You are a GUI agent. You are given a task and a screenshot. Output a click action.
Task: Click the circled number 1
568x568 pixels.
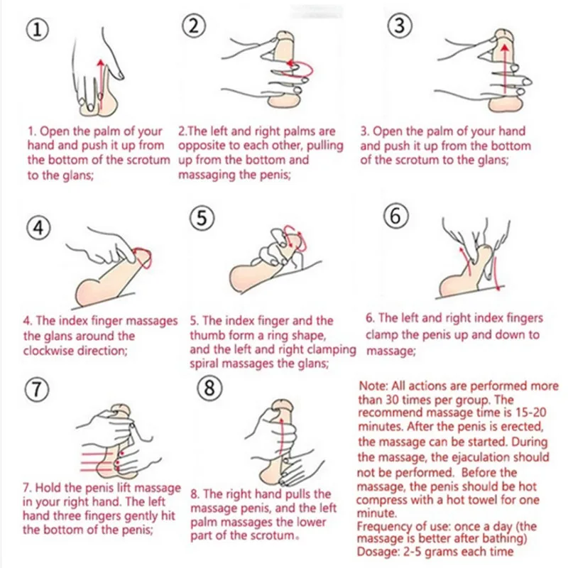pyautogui.click(x=38, y=30)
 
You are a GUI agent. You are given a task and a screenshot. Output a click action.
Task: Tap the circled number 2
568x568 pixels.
pyautogui.click(x=194, y=26)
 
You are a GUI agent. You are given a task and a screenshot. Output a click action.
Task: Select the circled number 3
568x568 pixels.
pyautogui.click(x=399, y=26)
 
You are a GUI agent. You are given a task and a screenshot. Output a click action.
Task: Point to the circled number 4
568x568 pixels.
pyautogui.click(x=39, y=228)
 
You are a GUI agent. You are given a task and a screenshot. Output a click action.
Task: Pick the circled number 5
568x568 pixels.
pyautogui.click(x=202, y=219)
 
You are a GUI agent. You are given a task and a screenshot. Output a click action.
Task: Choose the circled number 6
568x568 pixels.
pyautogui.click(x=396, y=216)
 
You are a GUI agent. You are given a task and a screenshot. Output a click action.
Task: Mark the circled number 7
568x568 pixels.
pyautogui.click(x=37, y=389)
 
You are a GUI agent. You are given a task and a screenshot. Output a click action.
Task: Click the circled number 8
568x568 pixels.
pyautogui.click(x=209, y=388)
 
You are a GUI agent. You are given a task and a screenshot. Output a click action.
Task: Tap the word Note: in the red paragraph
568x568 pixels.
pyautogui.click(x=373, y=386)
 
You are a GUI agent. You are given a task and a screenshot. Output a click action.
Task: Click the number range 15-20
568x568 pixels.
pyautogui.click(x=528, y=413)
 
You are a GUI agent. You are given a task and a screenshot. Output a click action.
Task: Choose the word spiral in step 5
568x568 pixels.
pyautogui.click(x=204, y=364)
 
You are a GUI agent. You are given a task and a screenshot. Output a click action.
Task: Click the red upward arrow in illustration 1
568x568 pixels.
pyautogui.click(x=101, y=84)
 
